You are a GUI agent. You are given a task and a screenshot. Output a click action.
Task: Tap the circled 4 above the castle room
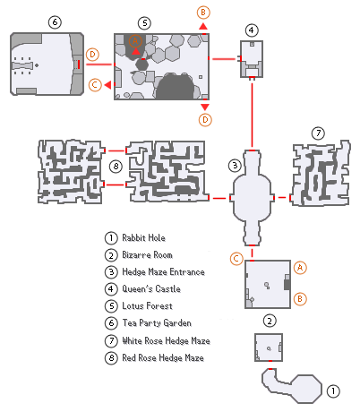252,30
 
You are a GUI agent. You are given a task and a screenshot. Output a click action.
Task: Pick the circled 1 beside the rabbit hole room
333,391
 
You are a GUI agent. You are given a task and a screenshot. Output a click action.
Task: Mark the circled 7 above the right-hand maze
317,133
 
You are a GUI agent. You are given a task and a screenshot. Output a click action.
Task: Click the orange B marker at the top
204,12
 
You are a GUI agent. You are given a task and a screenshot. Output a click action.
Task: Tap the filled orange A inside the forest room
135,42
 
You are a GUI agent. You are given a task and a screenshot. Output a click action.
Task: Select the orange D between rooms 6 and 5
91,55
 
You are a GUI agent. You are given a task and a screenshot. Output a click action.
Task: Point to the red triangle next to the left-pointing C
108,85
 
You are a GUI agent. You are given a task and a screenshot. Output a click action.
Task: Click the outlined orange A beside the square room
301,267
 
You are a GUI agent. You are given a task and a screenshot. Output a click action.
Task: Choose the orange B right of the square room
301,297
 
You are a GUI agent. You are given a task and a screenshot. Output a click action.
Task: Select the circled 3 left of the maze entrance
234,165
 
